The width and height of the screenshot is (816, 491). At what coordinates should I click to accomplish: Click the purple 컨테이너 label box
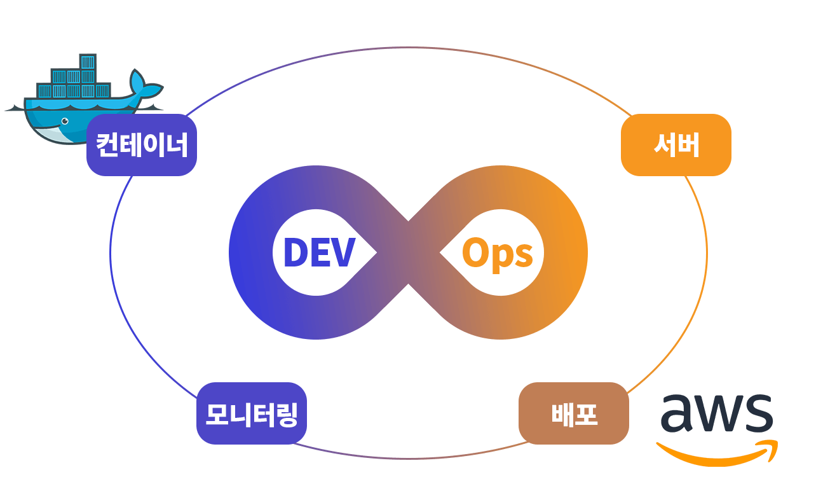point(142,145)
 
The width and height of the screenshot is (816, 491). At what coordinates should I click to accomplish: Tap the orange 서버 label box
point(676,145)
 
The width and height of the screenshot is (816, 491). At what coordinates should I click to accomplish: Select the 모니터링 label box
point(252,413)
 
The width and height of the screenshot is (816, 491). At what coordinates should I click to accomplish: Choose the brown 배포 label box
point(574,413)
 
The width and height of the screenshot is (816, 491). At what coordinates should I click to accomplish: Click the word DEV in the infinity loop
point(319,252)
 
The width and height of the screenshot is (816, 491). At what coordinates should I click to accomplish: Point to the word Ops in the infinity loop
point(498,254)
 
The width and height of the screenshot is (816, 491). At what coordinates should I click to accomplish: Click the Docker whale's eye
point(65,121)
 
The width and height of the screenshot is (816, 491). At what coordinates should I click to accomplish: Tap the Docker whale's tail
point(146,85)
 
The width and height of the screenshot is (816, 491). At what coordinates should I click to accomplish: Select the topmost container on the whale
point(88,62)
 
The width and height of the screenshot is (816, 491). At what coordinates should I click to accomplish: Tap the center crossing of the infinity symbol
point(409,252)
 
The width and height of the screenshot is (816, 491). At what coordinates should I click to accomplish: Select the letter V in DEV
point(342,252)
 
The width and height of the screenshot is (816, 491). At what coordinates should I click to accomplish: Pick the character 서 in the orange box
point(665,145)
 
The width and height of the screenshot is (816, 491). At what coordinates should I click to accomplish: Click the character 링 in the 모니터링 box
point(286,415)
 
